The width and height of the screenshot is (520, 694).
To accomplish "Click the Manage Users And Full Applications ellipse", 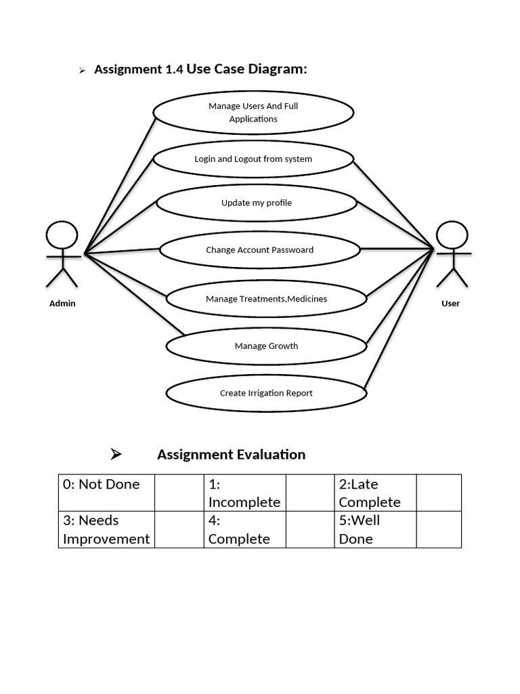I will (x=253, y=113).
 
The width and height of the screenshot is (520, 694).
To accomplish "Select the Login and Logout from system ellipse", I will (x=253, y=159).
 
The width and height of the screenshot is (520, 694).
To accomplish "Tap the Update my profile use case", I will (x=257, y=203).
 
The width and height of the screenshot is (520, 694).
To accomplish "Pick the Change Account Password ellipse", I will (x=259, y=249).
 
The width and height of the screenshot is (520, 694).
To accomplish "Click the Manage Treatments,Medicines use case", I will (x=266, y=299).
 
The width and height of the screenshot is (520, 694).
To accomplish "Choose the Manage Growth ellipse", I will (x=266, y=346).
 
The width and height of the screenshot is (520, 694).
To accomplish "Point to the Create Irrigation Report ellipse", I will (x=266, y=393).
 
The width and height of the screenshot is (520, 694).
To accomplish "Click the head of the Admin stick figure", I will (x=62, y=236).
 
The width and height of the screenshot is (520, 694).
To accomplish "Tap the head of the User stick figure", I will (x=452, y=236).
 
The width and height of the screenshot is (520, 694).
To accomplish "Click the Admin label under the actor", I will (x=62, y=304).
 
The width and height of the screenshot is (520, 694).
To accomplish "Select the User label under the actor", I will (x=451, y=304).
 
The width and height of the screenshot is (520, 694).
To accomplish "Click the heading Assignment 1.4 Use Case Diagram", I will (x=200, y=69).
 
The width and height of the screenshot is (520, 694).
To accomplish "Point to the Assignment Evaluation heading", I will (x=231, y=455).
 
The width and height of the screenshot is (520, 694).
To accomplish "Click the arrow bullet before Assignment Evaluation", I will (x=116, y=455).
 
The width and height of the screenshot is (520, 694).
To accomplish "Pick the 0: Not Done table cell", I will (x=106, y=493).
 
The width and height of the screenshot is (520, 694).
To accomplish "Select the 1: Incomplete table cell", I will (x=244, y=493).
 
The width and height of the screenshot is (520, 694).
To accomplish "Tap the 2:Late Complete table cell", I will (x=375, y=493).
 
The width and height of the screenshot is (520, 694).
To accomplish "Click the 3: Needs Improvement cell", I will (x=106, y=529).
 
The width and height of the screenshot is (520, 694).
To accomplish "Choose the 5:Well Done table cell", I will (x=375, y=529).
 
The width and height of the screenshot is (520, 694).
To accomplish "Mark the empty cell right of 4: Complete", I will (x=310, y=529).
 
